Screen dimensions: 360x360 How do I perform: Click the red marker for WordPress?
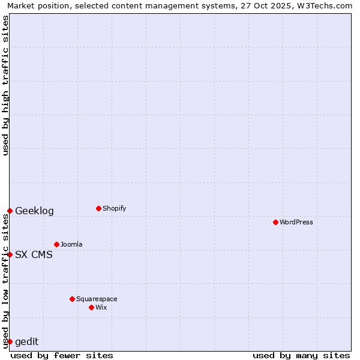pos(275,222)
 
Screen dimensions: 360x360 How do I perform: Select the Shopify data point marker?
pos(98,208)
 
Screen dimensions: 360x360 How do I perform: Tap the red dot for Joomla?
pos(56,244)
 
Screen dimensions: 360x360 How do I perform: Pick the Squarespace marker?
pos(72,299)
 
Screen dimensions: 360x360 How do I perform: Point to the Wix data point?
pos(91,307)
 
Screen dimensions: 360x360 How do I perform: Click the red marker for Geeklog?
pos(10,211)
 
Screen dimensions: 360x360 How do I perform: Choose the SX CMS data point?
pos(10,254)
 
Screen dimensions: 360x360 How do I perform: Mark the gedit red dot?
pos(10,341)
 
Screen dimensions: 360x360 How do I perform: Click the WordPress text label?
pos(296,222)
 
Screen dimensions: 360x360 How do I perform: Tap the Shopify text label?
pos(115,208)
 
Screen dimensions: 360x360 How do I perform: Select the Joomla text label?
pos(71,244)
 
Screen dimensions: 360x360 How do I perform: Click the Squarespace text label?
pos(97,299)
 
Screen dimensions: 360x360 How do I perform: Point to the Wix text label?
pos(101,307)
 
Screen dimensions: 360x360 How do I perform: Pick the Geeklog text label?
pos(34,211)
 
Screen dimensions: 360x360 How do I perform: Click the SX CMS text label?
pos(34,254)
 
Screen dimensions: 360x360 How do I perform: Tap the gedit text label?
pos(26,341)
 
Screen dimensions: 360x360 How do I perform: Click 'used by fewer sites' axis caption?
pos(62,355)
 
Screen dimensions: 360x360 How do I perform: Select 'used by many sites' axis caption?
pos(301,355)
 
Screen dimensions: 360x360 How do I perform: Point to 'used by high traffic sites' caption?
pos(5,85)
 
